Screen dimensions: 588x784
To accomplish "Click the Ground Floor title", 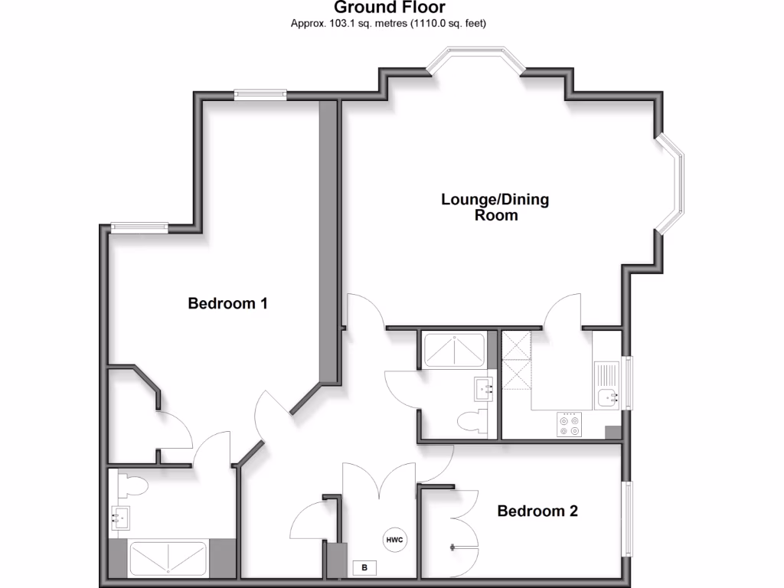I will click(x=390, y=8).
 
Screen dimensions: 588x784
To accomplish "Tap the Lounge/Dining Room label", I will click(x=495, y=207).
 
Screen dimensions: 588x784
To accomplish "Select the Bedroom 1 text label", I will click(x=227, y=304).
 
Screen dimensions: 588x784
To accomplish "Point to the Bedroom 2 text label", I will click(x=537, y=511).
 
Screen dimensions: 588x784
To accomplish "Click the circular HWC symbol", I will click(x=394, y=540).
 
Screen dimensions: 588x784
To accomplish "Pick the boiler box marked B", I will click(x=364, y=568).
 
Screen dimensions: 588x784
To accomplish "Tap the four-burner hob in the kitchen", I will click(x=570, y=424).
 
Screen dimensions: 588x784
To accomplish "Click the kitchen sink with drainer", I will click(x=609, y=384).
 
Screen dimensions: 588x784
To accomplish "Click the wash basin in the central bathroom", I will click(x=485, y=388).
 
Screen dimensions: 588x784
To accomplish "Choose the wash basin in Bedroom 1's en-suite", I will click(x=120, y=518).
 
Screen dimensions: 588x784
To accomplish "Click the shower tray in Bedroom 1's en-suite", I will click(x=168, y=558).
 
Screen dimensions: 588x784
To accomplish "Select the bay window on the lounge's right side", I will click(x=671, y=183).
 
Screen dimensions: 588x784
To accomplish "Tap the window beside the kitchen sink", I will click(x=628, y=383).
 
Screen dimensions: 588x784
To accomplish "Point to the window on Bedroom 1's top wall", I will click(x=260, y=94).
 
